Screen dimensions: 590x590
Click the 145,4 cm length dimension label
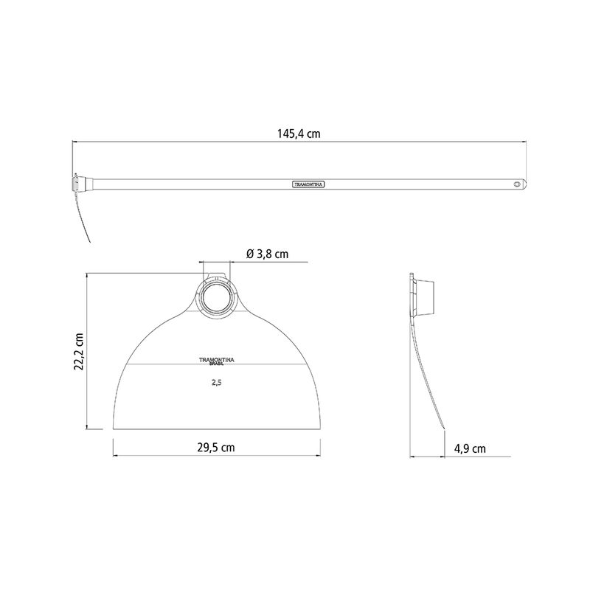[x=299, y=133]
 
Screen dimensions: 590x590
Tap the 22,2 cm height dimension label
[x=79, y=352]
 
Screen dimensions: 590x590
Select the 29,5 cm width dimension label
[x=216, y=448]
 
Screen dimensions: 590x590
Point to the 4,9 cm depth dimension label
[x=470, y=448]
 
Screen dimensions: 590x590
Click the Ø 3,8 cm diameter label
[x=268, y=254]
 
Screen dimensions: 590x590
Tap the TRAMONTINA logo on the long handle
[x=308, y=184]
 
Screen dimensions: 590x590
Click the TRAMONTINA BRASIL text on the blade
[x=216, y=361]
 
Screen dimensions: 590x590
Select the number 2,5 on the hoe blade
[x=216, y=382]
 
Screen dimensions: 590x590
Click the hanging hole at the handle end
[x=518, y=184]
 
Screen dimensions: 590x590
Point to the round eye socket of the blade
[x=216, y=297]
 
